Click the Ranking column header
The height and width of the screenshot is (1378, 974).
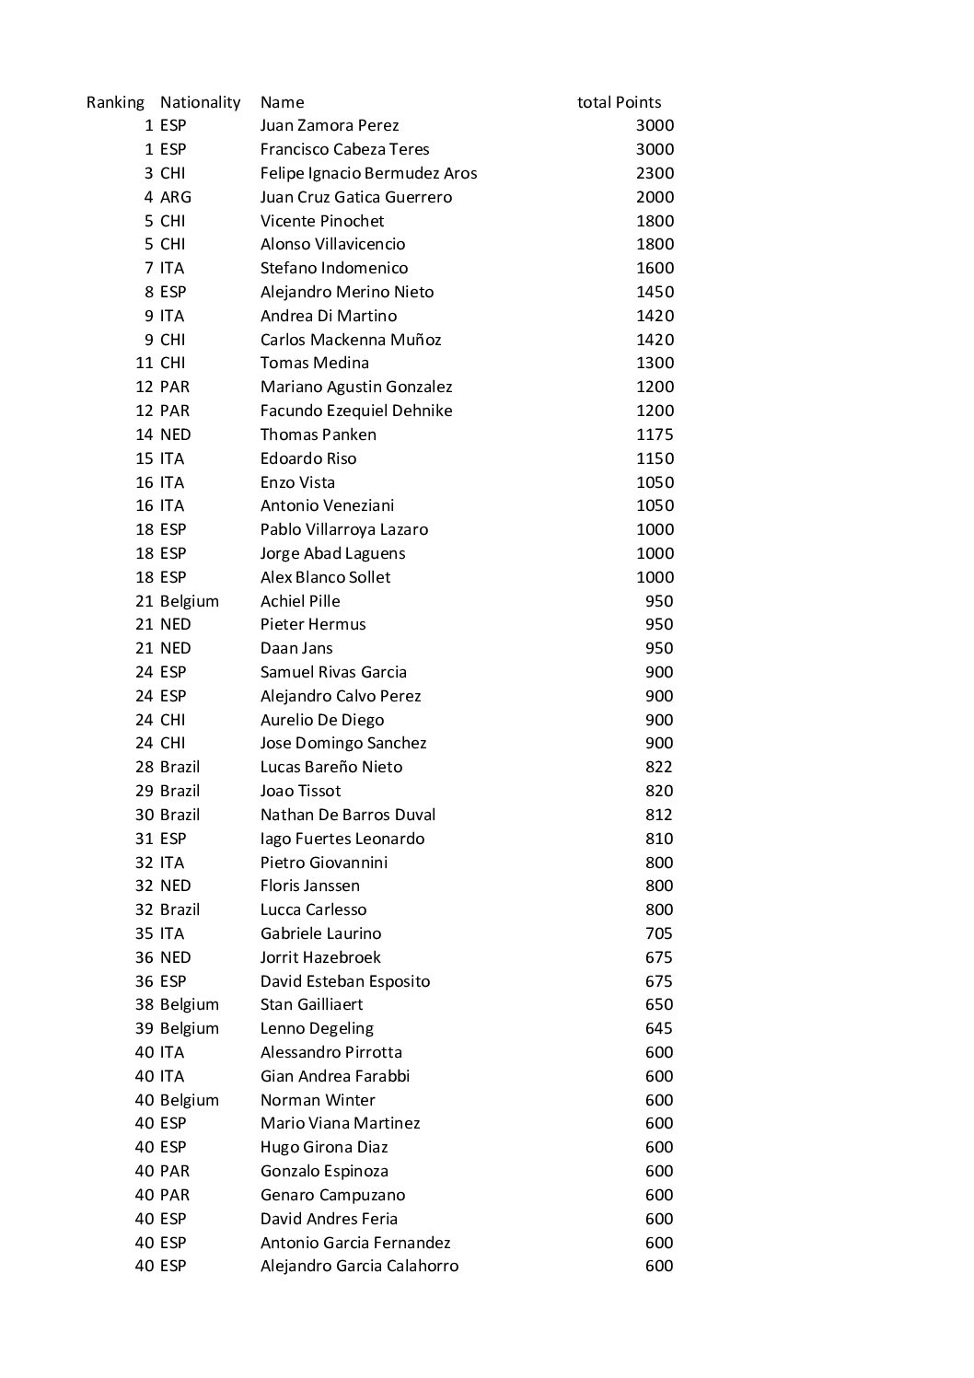(115, 102)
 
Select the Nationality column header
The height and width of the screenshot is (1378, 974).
(200, 102)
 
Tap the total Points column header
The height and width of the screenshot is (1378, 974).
(619, 102)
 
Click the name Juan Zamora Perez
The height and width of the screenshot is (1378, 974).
(330, 126)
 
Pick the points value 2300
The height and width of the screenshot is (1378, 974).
(655, 173)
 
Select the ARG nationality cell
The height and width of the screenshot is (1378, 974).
(176, 197)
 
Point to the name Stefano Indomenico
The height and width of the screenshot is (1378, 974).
(334, 268)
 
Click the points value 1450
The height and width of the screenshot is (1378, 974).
(655, 292)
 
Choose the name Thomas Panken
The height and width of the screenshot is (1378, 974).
(319, 434)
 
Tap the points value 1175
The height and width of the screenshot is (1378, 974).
(655, 434)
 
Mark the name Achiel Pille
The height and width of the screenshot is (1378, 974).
(300, 601)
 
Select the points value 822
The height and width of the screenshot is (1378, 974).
(659, 767)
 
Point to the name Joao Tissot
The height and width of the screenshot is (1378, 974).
(300, 791)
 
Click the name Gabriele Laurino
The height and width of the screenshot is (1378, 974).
(320, 933)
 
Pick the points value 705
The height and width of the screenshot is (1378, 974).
(659, 933)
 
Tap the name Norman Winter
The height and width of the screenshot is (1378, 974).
(318, 1100)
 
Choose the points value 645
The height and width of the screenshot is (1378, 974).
(659, 1028)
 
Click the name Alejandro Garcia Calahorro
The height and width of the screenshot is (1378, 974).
(359, 1266)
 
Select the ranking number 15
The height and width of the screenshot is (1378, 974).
(145, 458)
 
